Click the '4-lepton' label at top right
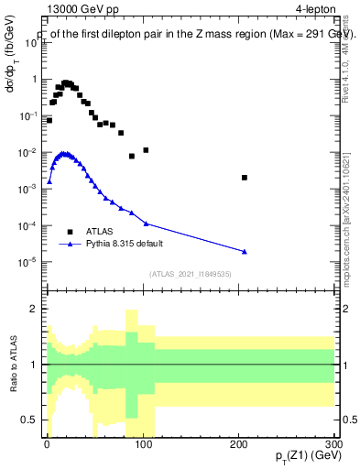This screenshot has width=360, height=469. [314, 10]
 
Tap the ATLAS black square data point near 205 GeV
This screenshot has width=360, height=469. [245, 178]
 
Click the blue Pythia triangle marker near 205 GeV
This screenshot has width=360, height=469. [245, 251]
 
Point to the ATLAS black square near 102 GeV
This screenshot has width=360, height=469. [146, 149]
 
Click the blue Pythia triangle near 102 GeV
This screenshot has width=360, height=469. [146, 224]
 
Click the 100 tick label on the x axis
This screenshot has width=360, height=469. [143, 442]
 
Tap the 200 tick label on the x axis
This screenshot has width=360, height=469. [239, 442]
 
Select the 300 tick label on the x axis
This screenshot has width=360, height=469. [334, 442]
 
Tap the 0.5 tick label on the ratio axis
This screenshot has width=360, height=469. [29, 420]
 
